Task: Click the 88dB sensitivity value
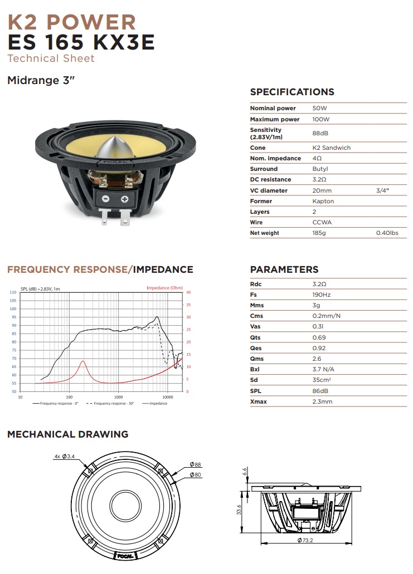[x=320, y=134]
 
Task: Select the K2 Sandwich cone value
[x=332, y=148]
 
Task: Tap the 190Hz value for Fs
[x=322, y=295]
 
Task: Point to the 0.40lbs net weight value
[x=387, y=233]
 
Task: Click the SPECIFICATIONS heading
[x=292, y=92]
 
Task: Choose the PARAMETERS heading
[x=284, y=269]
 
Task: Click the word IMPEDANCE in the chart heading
[x=164, y=269]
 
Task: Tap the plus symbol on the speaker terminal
[x=124, y=199]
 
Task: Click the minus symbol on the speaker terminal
[x=106, y=199]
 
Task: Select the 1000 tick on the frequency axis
[x=119, y=397]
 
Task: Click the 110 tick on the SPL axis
[x=13, y=292]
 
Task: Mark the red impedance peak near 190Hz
[x=83, y=361]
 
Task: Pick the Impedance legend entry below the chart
[x=158, y=404]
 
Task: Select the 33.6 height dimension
[x=239, y=510]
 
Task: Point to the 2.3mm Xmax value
[x=322, y=401]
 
